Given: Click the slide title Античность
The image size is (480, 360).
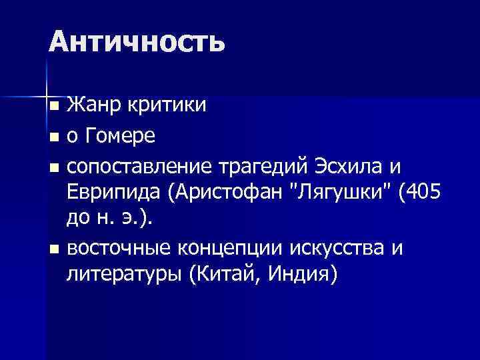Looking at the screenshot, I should (137, 42).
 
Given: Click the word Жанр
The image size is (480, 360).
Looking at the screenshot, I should (93, 105).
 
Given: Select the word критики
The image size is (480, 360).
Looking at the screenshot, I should (166, 105).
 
